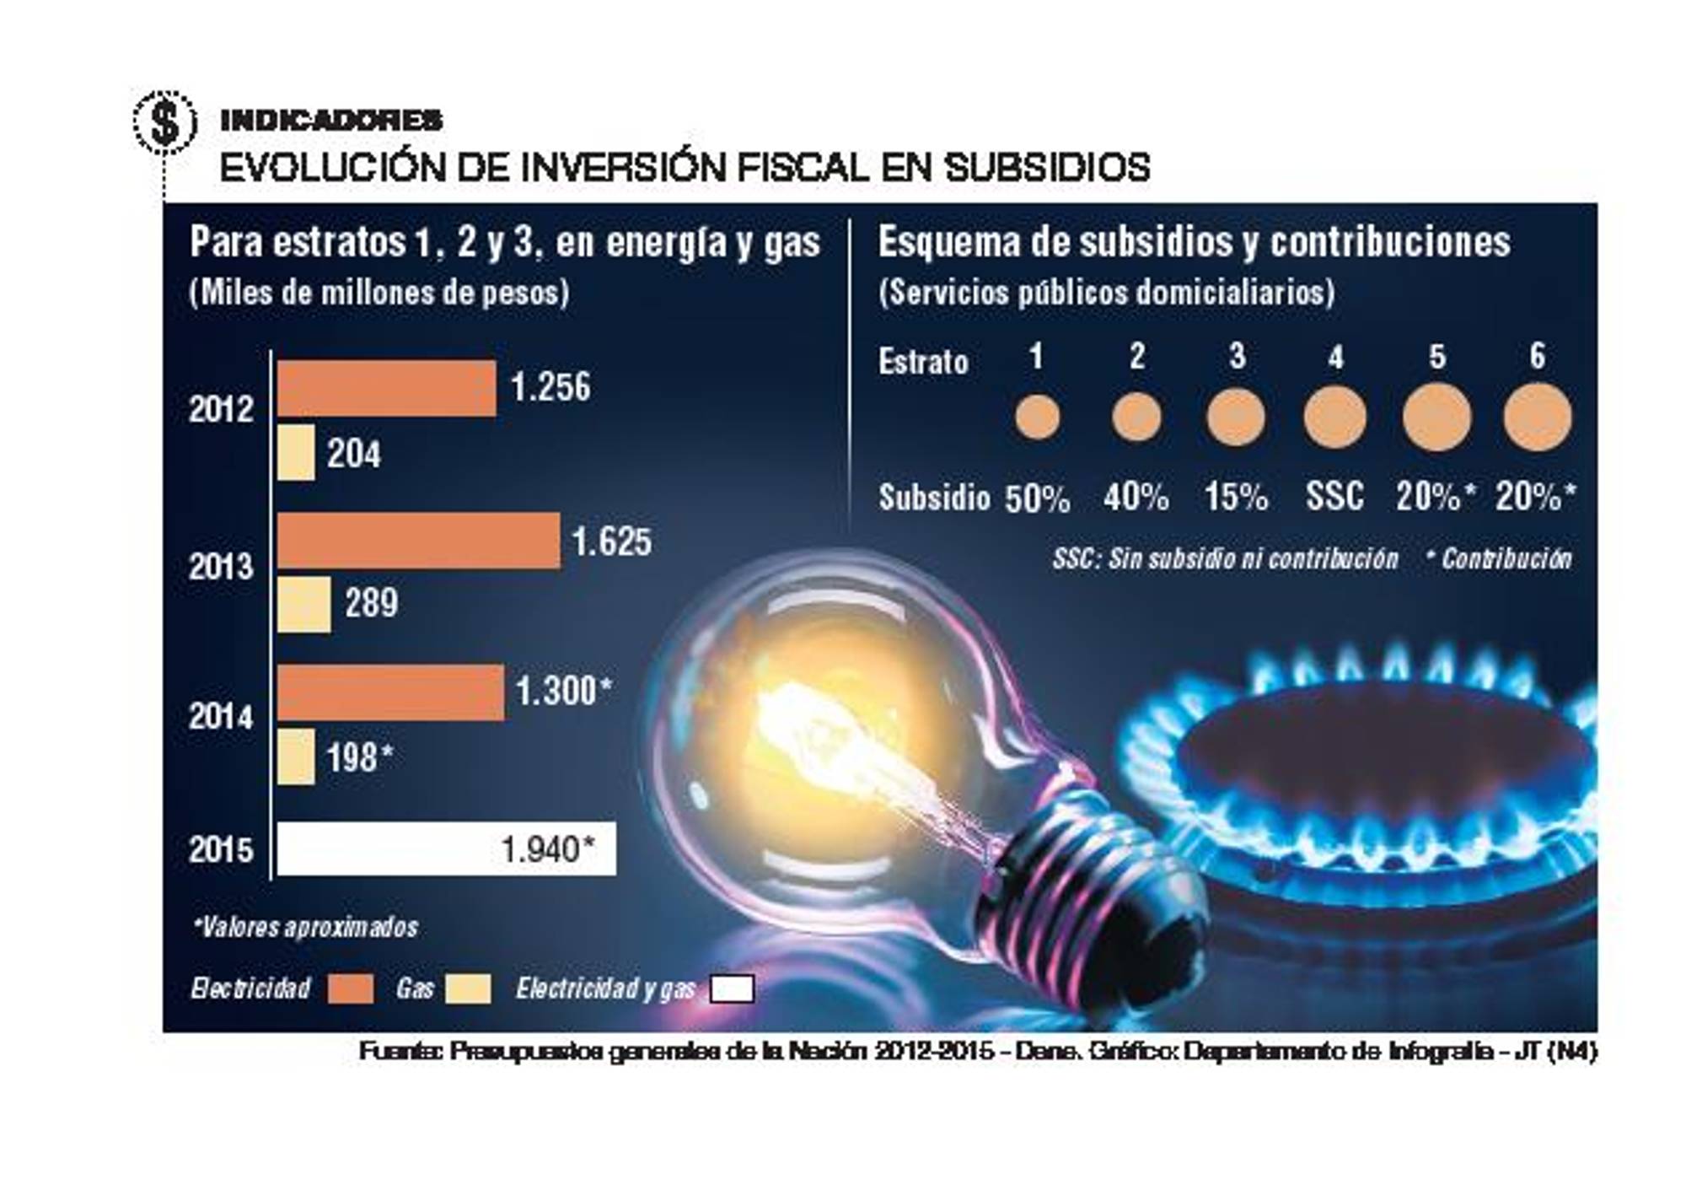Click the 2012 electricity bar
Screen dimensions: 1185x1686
pos(386,388)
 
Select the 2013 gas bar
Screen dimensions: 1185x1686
pos(303,604)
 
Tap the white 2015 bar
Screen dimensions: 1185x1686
pos(446,848)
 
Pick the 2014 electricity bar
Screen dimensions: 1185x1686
pos(390,692)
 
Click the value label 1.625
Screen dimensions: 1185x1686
pos(612,541)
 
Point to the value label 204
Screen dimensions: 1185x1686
pos(354,454)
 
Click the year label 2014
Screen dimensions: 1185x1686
pos(221,717)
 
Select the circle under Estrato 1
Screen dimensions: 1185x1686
pos(1037,417)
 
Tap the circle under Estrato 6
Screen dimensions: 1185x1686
pos(1538,417)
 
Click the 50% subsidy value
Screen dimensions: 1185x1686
pos(1037,498)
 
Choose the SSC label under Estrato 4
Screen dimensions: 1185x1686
pos(1334,496)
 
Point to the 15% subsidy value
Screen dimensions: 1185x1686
pos(1236,497)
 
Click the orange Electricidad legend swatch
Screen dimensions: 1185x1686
pos(350,988)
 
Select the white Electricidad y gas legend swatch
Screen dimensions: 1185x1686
pos(732,988)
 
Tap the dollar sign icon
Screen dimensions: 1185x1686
pos(165,122)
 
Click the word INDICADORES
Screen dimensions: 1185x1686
pos(331,121)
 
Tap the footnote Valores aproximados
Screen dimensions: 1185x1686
pos(306,927)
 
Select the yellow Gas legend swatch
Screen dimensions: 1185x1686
pos(468,988)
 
